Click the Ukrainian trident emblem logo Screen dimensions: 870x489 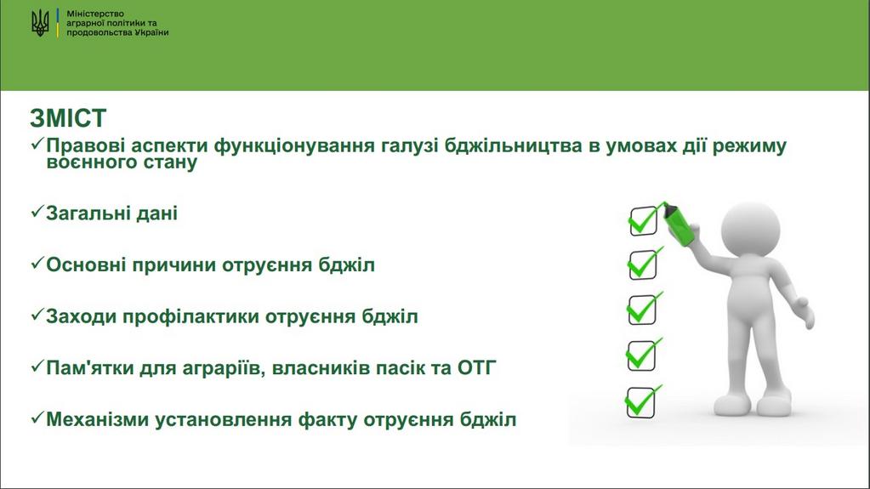[40, 23]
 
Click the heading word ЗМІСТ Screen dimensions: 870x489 [68, 118]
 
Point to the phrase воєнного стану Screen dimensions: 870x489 [122, 162]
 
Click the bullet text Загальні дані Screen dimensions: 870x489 [111, 213]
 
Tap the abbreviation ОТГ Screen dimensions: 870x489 [476, 367]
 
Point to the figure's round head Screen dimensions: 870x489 [750, 230]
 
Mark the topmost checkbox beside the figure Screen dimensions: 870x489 [644, 220]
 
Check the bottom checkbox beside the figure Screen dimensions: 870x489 [641, 402]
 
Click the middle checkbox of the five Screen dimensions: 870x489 [643, 309]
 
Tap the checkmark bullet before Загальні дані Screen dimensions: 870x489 [37, 212]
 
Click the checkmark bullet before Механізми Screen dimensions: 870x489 [37, 418]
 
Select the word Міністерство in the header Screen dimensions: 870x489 [95, 14]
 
